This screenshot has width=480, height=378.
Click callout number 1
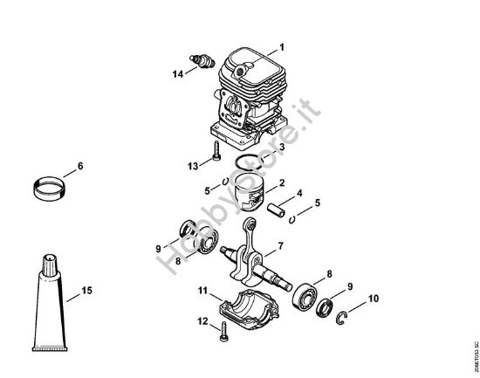point(281,45)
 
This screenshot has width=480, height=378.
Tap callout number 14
point(178,74)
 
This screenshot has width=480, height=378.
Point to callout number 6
point(80,166)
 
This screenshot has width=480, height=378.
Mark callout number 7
point(280,245)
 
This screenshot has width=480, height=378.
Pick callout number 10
point(374,299)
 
